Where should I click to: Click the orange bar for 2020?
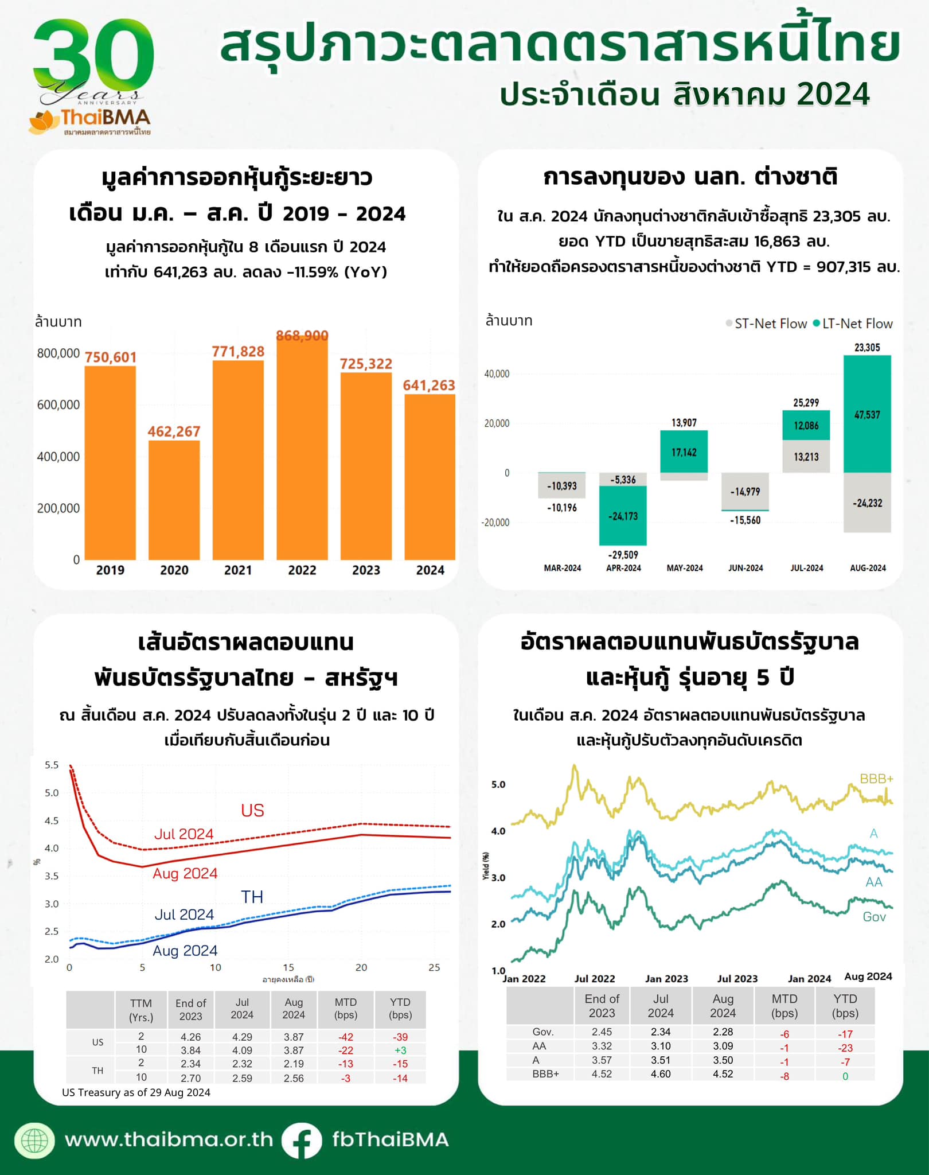pos(174,499)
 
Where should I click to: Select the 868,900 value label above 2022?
pos(302,336)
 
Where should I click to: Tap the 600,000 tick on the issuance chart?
pos(58,405)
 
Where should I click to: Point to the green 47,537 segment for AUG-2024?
pos(867,414)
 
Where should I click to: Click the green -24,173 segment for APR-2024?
pos(623,516)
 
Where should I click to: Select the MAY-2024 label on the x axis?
pos(685,568)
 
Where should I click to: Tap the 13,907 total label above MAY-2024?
pos(684,423)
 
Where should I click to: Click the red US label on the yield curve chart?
pos(252,810)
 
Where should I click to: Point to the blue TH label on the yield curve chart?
pos(252,897)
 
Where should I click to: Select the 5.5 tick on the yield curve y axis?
pos(52,765)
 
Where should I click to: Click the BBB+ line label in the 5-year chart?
pos(876,779)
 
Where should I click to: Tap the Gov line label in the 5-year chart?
pos(874,917)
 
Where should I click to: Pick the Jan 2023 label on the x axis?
pos(666,979)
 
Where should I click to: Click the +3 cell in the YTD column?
pos(400,1051)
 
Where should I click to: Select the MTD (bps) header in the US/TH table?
pos(346,1009)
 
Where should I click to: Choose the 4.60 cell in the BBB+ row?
pos(661,1074)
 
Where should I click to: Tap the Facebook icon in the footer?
pos(302,1140)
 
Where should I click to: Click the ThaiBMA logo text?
pos(106,118)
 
